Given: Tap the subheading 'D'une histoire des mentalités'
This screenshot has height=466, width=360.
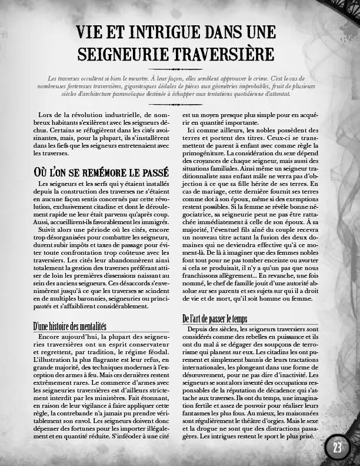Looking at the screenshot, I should coord(69,325).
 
